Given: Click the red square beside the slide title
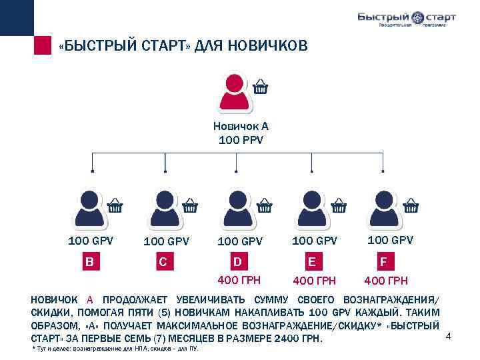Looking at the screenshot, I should tap(43, 46).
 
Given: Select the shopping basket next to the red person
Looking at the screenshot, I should tap(261, 87).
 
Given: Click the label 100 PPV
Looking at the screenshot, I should tap(241, 139).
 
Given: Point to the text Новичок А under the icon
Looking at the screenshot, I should tap(241, 126).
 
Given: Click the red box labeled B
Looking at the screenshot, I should tap(89, 261).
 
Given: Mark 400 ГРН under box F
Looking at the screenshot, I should tap(385, 281).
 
